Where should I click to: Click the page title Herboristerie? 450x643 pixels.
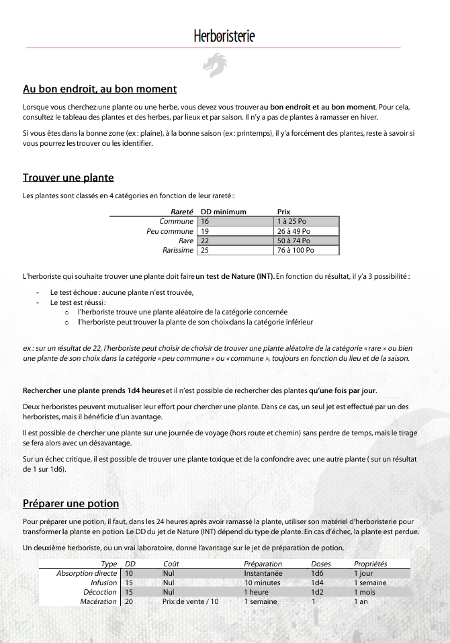(x=224, y=36)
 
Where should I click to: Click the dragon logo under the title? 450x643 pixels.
(x=215, y=65)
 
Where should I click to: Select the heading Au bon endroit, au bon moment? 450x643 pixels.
(x=99, y=89)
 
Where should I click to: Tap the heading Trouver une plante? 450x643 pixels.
(x=69, y=177)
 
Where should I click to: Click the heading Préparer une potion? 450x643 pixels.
(x=71, y=503)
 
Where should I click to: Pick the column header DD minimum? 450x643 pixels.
(x=224, y=212)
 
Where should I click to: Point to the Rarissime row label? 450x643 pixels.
(x=178, y=250)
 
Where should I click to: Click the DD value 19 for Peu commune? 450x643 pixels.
(x=205, y=231)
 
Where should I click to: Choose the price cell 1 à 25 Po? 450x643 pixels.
(x=291, y=221)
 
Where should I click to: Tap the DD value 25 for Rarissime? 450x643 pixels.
(x=205, y=250)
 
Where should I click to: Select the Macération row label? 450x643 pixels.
(x=98, y=601)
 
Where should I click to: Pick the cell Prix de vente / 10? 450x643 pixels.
(x=190, y=601)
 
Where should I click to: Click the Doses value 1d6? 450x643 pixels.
(x=318, y=573)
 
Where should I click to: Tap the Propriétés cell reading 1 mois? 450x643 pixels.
(x=366, y=592)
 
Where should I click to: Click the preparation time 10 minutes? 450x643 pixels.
(x=262, y=583)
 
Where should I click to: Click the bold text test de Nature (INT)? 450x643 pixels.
(x=235, y=276)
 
